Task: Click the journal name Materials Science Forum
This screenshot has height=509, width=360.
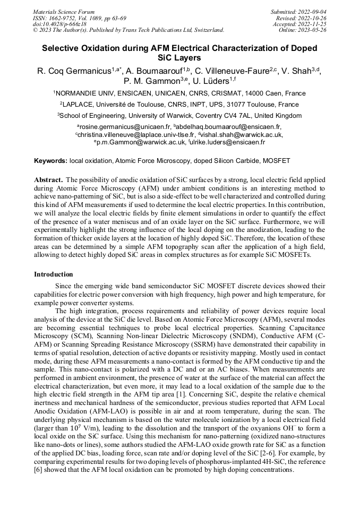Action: click(64, 12)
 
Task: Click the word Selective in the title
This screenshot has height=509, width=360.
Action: click(63, 48)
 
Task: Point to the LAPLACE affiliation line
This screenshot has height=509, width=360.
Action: click(180, 105)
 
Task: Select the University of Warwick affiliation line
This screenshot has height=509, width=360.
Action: click(180, 116)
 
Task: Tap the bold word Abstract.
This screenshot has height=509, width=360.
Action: click(49, 180)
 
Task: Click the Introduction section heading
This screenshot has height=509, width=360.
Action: click(54, 274)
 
